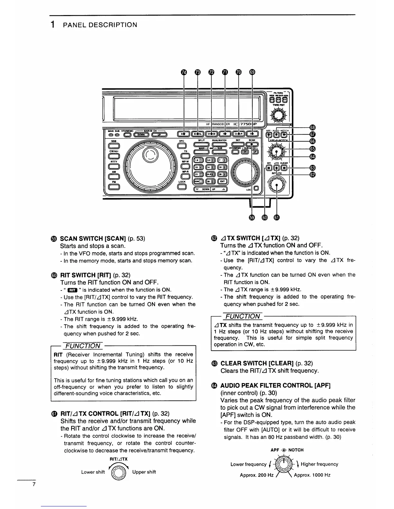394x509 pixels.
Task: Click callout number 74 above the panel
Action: (184, 73)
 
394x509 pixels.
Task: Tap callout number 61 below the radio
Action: (277, 218)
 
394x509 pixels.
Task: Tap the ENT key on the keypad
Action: (222, 182)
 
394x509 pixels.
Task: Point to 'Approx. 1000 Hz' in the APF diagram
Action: (312, 475)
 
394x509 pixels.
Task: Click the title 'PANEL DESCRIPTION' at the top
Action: (100, 25)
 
